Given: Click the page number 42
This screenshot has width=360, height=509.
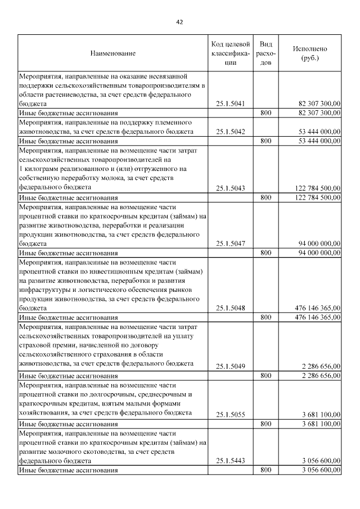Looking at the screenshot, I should (x=179, y=22).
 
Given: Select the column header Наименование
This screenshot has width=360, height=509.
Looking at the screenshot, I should (x=112, y=53).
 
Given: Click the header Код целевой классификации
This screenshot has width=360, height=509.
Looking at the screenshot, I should (x=230, y=53).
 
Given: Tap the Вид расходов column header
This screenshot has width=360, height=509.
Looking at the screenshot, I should (x=266, y=53).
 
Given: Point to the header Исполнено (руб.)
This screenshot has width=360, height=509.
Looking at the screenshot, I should (x=309, y=53).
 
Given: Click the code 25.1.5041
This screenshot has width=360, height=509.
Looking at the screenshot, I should (x=230, y=103).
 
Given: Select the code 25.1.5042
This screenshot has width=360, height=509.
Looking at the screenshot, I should (x=230, y=132).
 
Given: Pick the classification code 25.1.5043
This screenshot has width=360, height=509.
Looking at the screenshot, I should (x=230, y=188).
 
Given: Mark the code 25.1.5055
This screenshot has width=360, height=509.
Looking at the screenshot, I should (x=230, y=414).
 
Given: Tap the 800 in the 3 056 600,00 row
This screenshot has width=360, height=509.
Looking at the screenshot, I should (x=266, y=470).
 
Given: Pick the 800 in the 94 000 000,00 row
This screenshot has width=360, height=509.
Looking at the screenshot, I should (x=266, y=253).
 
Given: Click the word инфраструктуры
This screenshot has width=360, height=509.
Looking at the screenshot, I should (x=47, y=289).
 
